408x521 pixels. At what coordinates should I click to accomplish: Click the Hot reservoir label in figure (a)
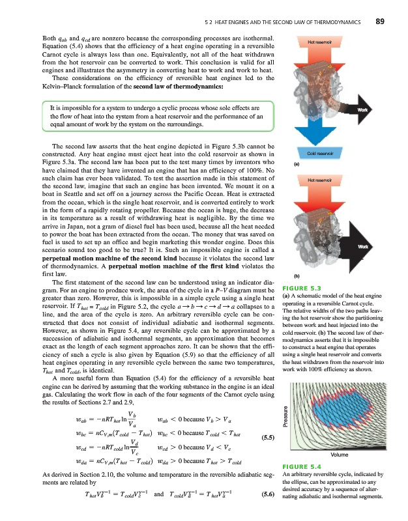(x=320, y=41)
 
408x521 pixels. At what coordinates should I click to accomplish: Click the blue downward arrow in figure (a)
(x=319, y=130)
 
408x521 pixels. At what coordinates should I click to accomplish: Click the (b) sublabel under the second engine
(x=297, y=275)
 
